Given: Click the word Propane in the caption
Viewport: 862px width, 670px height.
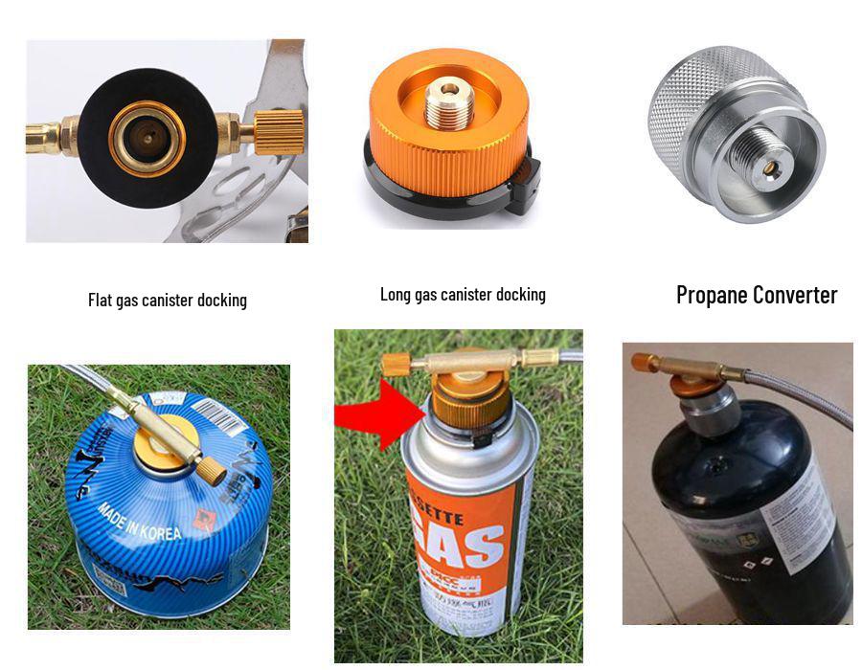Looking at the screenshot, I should [x=711, y=295].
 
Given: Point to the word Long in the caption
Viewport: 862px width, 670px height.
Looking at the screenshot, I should [x=396, y=295].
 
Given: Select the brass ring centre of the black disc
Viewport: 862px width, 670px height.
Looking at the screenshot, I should [x=147, y=138].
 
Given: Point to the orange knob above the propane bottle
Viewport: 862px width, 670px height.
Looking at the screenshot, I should [x=643, y=362].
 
